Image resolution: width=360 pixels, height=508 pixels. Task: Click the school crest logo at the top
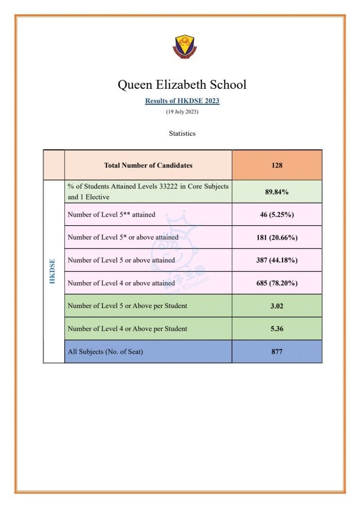coord(182,47)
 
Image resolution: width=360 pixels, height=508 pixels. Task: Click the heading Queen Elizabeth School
coord(182,85)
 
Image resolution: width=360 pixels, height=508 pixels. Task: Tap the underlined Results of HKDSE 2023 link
coord(182,101)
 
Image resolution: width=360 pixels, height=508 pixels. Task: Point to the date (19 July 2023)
coord(182,112)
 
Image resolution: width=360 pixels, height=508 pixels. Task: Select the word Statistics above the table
coord(182,133)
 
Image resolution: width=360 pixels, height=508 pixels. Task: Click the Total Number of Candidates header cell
coord(148,165)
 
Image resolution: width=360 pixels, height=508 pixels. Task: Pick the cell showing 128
coord(277,165)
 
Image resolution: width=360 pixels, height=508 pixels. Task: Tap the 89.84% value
coord(277,191)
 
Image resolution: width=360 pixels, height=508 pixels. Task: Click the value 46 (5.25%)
coord(277,215)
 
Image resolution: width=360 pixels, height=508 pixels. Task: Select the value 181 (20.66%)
coord(277,238)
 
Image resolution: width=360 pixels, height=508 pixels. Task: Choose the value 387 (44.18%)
coord(277,260)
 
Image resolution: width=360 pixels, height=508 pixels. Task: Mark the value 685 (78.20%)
coord(277,283)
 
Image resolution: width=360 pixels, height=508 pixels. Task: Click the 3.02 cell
coord(277,306)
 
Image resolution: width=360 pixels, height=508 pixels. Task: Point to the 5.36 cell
coord(277,329)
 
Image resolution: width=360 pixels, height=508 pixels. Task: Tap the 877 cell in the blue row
coord(277,352)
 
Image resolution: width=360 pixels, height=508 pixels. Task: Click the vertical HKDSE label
coord(53,271)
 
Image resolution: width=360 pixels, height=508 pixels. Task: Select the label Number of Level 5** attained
coord(111,215)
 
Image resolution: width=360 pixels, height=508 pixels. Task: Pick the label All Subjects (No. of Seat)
coord(105,352)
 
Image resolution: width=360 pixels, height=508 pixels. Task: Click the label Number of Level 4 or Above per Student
coord(127,329)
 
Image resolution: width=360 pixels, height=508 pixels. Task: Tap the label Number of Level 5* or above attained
coord(123,238)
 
